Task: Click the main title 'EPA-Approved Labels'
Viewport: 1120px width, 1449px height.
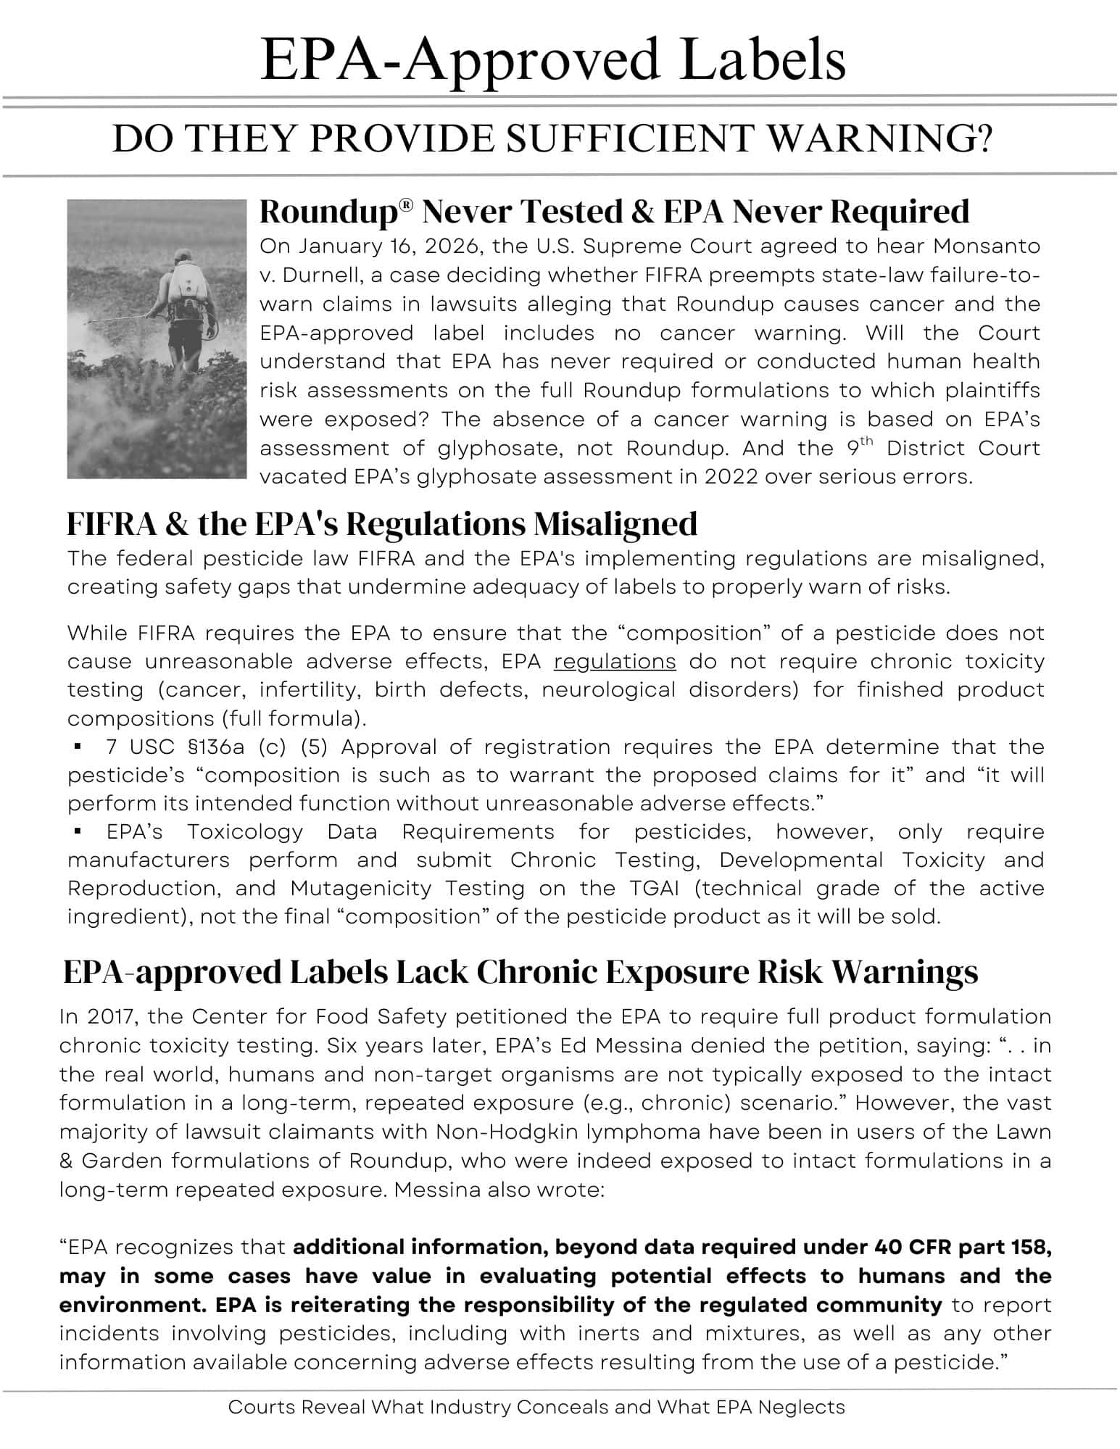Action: [x=553, y=59]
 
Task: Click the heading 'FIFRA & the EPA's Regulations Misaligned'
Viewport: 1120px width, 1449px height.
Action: [x=382, y=524]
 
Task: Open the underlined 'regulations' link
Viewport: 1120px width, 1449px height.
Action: [x=615, y=662]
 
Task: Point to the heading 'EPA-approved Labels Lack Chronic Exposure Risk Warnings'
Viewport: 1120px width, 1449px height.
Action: [x=520, y=972]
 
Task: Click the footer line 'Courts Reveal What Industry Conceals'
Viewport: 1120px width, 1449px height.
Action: [x=536, y=1408]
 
